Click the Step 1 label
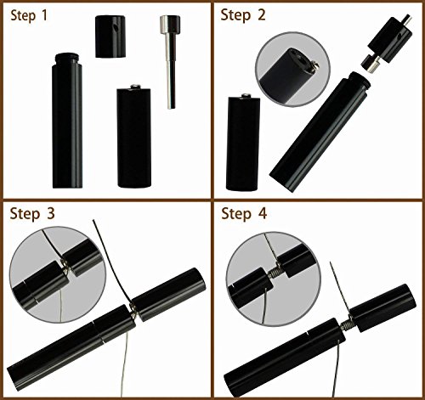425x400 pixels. (x=29, y=15)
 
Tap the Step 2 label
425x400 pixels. (x=243, y=14)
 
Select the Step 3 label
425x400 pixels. (x=32, y=213)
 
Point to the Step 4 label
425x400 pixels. (x=244, y=213)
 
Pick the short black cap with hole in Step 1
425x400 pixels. (x=110, y=37)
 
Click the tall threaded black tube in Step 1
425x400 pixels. (x=67, y=121)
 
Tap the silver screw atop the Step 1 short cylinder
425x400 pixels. (x=135, y=87)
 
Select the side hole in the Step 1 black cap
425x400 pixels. (x=116, y=28)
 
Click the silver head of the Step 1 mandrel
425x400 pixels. (x=170, y=24)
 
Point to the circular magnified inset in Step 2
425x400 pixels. (x=292, y=70)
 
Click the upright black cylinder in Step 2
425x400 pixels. (x=243, y=143)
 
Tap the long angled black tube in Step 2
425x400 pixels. (x=320, y=132)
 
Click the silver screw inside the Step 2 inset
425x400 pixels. (x=314, y=65)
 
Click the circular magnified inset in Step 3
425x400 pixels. (x=58, y=274)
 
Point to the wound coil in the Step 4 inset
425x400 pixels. (x=275, y=273)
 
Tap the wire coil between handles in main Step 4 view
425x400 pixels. (x=347, y=325)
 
